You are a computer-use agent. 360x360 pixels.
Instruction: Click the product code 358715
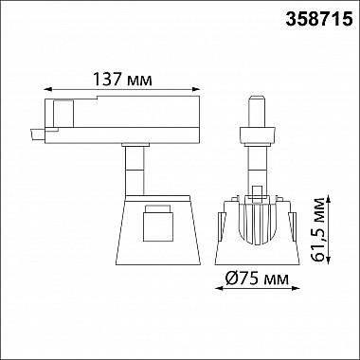(x=319, y=20)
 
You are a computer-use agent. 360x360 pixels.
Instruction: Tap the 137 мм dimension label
(x=122, y=79)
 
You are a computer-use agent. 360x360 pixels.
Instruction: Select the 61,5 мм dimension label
(x=318, y=229)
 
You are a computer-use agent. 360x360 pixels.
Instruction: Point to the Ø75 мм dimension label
(x=257, y=279)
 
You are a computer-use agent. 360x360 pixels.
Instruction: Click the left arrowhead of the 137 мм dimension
(x=48, y=89)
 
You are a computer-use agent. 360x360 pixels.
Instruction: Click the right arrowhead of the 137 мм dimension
(x=196, y=89)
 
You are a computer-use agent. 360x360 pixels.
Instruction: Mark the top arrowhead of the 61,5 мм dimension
(x=329, y=199)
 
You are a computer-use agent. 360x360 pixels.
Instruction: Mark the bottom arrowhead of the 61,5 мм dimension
(x=329, y=261)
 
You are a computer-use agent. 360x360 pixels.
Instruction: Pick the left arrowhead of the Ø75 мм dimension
(x=219, y=288)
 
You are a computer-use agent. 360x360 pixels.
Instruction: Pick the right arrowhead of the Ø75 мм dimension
(x=296, y=288)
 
